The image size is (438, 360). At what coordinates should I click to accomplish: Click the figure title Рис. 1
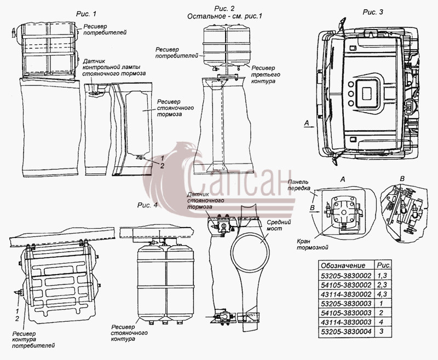pos(87,14)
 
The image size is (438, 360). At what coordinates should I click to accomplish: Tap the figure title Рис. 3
pos(373,12)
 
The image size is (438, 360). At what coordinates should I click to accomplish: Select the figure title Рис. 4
pos(147,205)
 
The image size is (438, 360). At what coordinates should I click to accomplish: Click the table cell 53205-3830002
pos(346,276)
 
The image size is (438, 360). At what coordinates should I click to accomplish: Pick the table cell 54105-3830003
pos(346,313)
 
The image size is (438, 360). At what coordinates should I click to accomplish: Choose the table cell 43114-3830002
pos(346,294)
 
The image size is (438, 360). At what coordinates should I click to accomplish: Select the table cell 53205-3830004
pos(346,332)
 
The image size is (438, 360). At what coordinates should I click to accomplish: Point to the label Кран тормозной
pos(312,244)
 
